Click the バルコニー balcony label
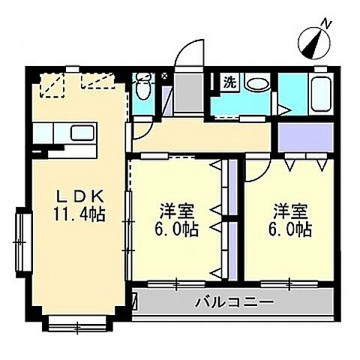(235, 304)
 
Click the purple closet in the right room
(303, 136)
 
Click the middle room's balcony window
(176, 283)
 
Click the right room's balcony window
(288, 283)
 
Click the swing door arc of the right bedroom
(255, 169)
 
